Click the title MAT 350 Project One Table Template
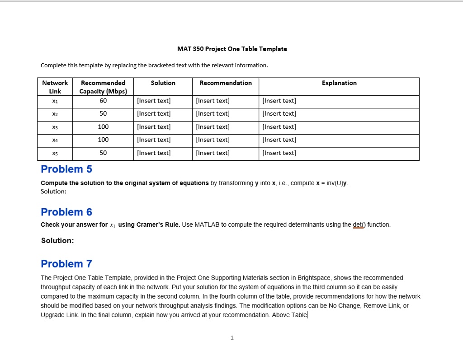tap(231, 49)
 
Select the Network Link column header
tap(55, 87)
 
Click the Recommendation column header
tap(226, 83)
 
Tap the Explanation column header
tap(339, 83)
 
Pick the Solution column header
tap(163, 83)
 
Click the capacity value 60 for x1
tap(103, 100)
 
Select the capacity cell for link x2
tap(103, 113)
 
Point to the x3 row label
tap(55, 127)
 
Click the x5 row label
tap(55, 153)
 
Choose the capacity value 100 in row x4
tap(103, 140)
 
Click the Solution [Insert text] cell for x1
tap(154, 101)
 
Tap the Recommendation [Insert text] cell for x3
tap(213, 127)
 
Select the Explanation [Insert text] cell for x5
tap(279, 153)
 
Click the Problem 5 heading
tap(66, 169)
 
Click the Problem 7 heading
tap(66, 264)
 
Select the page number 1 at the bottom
tap(231, 337)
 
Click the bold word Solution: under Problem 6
tap(57, 241)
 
